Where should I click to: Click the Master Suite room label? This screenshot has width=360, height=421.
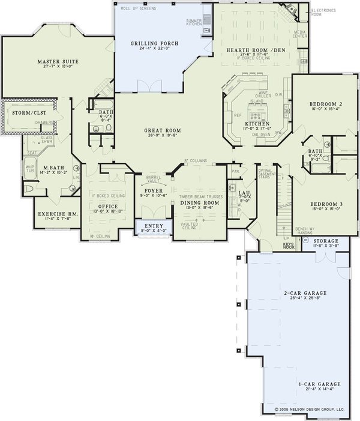tap(55, 62)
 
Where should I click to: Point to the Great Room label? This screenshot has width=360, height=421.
tap(162, 130)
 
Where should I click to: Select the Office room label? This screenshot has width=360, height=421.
tap(108, 207)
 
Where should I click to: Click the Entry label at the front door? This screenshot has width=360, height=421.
tap(154, 226)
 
